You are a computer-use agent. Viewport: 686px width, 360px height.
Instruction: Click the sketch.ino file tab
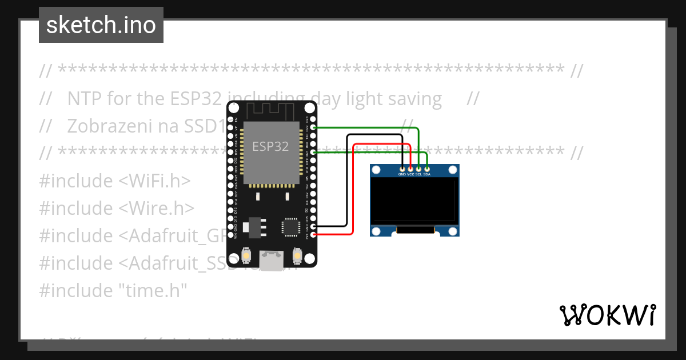(x=101, y=25)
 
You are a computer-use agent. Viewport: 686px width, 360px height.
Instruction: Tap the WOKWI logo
(x=607, y=315)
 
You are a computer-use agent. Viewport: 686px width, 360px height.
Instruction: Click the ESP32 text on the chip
(x=270, y=146)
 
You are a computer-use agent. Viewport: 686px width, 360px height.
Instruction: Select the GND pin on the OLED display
(x=402, y=169)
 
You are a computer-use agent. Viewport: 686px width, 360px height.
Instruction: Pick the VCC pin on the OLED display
(x=410, y=169)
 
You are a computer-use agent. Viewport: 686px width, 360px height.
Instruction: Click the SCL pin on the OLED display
(x=418, y=169)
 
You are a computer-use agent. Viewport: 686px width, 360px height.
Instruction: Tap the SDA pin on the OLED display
(x=427, y=169)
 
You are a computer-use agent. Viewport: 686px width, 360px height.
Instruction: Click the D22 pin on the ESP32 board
(x=312, y=128)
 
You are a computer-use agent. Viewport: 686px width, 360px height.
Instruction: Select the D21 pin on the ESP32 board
(x=312, y=153)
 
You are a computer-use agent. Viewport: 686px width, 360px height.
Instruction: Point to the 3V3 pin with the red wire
(x=312, y=234)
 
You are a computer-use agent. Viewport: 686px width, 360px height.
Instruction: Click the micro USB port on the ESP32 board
(x=272, y=260)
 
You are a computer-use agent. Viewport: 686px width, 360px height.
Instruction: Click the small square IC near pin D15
(x=290, y=227)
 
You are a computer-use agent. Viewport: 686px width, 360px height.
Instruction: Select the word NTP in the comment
(x=83, y=99)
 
